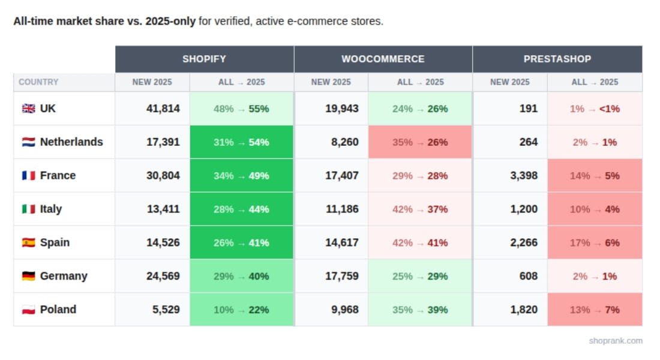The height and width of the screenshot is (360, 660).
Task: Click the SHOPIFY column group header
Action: [204, 59]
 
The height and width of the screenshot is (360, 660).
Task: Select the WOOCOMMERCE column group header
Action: [383, 59]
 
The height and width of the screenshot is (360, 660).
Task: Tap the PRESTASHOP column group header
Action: [557, 59]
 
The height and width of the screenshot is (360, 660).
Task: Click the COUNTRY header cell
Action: [38, 82]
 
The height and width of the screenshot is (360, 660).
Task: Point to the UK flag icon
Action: [28, 109]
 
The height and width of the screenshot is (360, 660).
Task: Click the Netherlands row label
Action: [71, 142]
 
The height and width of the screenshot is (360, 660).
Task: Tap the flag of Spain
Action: [28, 243]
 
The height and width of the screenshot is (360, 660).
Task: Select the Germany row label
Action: [63, 277]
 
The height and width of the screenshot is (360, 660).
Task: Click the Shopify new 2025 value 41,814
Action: [163, 109]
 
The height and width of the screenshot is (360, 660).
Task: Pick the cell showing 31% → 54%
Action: [241, 142]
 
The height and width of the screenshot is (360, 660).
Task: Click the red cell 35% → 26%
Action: [420, 142]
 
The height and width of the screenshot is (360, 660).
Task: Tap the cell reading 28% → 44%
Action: [241, 209]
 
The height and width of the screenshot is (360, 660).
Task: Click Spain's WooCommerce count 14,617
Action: [341, 243]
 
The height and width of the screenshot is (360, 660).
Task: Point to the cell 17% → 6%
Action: [595, 243]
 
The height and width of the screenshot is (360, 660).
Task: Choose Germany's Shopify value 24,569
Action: [163, 277]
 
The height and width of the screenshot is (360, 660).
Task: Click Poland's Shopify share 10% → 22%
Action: [241, 310]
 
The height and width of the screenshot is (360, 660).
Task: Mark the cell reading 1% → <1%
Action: [595, 109]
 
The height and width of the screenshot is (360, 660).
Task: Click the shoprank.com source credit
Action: [615, 341]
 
